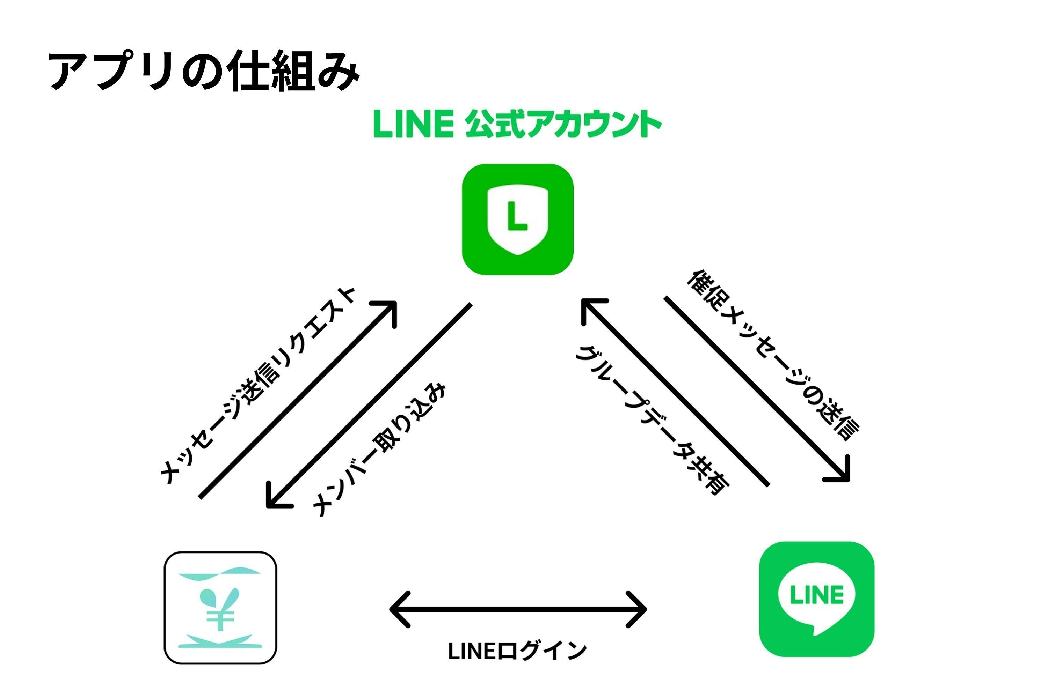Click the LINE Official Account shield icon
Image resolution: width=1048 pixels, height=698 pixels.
click(518, 220)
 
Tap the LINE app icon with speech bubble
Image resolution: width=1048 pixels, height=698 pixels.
click(816, 599)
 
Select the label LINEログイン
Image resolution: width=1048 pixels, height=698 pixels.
click(517, 651)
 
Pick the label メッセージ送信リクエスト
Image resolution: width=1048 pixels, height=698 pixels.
click(257, 386)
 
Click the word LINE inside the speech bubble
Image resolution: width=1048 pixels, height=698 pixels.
click(816, 595)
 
